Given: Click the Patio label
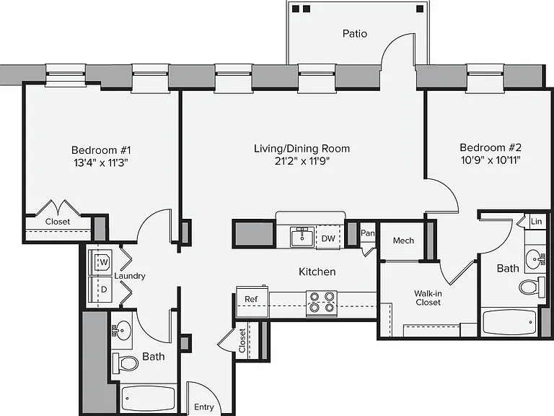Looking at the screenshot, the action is pos(355,34).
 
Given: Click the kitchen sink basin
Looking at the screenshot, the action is pos(302,237).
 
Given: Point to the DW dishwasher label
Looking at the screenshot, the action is pos(328,238).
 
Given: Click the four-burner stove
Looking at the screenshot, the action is pos(322,302).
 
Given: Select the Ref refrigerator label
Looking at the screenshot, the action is pos(251,299).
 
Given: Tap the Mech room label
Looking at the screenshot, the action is pos(403,240).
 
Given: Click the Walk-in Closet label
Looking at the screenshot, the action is pos(428,298).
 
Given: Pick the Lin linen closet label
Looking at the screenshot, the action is pos(536,222).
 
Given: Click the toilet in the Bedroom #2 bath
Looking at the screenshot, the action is pos(532,287).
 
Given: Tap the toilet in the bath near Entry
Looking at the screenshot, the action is pos(126,363).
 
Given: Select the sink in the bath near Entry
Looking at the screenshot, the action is pos(121,330).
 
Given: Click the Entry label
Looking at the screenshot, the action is pos(204,407).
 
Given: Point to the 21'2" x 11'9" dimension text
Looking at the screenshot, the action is pos(302,161).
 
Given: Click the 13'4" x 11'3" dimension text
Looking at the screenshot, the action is pos(101,163).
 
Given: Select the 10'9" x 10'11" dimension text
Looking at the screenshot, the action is pos(491,160).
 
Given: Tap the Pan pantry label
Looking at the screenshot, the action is pos(367,233).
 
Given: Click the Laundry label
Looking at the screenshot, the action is pos(130,276).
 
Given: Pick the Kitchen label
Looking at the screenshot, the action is pos(317,272).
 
